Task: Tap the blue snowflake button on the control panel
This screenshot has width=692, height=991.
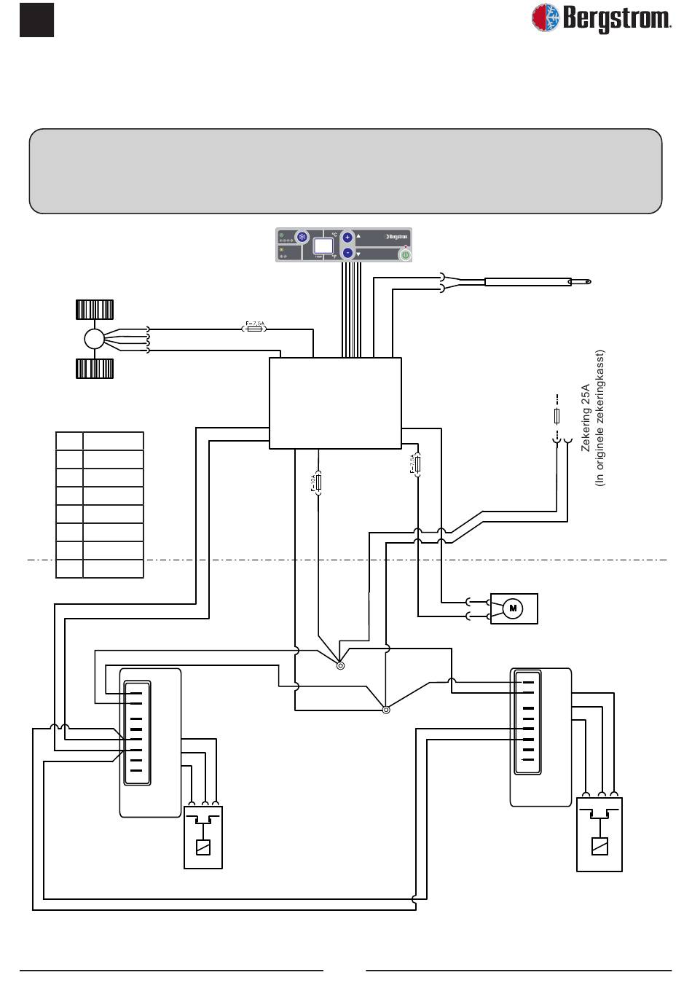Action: [302, 238]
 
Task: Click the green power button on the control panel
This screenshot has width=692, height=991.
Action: [404, 254]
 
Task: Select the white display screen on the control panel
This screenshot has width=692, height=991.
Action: [323, 245]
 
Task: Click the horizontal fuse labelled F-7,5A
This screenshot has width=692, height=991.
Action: [254, 329]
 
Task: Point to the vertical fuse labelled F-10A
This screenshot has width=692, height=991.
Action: [319, 482]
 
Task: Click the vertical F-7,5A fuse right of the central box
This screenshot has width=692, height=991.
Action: [417, 465]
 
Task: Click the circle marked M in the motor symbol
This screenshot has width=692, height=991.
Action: [513, 608]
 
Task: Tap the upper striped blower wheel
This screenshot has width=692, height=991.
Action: [95, 310]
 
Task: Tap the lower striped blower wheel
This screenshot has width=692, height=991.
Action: [95, 369]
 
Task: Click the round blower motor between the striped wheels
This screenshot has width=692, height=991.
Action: [95, 340]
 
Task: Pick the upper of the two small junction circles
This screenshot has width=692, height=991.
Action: [340, 665]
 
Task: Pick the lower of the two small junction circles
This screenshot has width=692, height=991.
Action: [386, 710]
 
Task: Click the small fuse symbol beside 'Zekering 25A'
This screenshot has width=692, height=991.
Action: [557, 416]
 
